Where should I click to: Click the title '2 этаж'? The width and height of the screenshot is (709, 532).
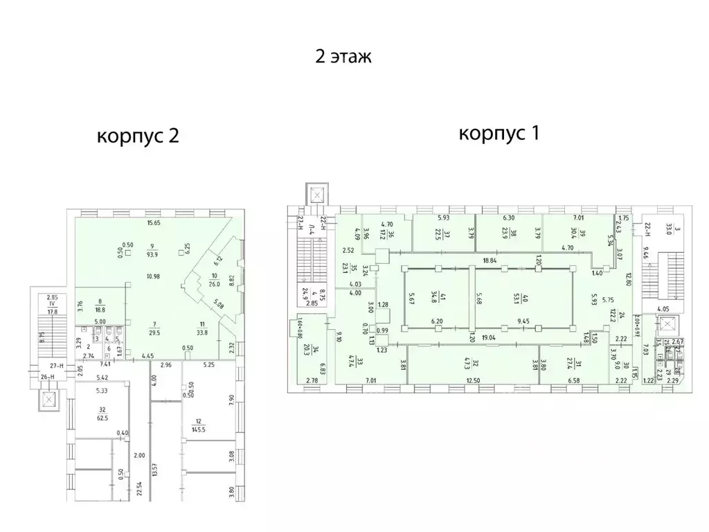[343, 57]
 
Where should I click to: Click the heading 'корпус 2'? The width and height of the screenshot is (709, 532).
[138, 136]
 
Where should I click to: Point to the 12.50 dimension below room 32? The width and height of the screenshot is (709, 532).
[473, 380]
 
